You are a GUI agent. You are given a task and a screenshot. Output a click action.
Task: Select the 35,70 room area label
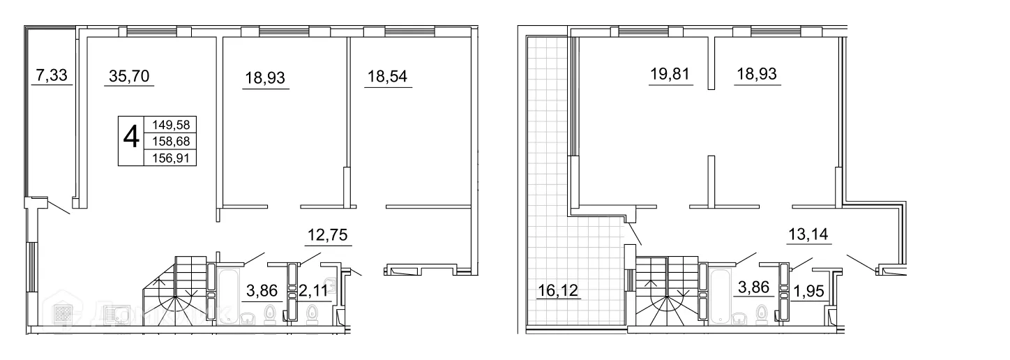(129, 76)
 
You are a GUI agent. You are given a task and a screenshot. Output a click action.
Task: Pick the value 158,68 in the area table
(170, 141)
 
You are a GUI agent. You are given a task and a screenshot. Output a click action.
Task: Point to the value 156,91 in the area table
(170, 158)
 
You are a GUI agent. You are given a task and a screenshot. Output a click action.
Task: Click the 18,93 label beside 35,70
(266, 77)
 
